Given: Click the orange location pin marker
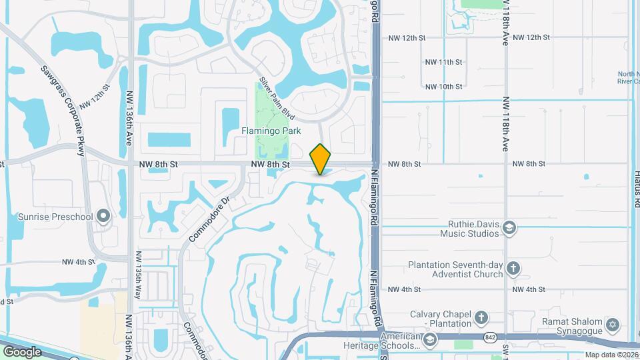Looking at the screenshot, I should (x=321, y=159).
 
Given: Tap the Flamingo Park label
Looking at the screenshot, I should (x=271, y=131).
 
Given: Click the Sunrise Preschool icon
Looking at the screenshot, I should (x=103, y=216).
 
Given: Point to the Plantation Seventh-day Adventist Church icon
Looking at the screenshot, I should (x=513, y=269).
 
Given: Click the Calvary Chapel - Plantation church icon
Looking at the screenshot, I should (x=481, y=318).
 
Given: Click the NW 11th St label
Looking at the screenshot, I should (x=444, y=62).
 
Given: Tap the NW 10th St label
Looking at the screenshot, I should (x=444, y=87).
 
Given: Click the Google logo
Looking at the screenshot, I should (x=22, y=352).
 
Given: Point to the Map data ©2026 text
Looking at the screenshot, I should (x=611, y=355).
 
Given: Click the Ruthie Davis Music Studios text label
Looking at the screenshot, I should (x=469, y=229).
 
